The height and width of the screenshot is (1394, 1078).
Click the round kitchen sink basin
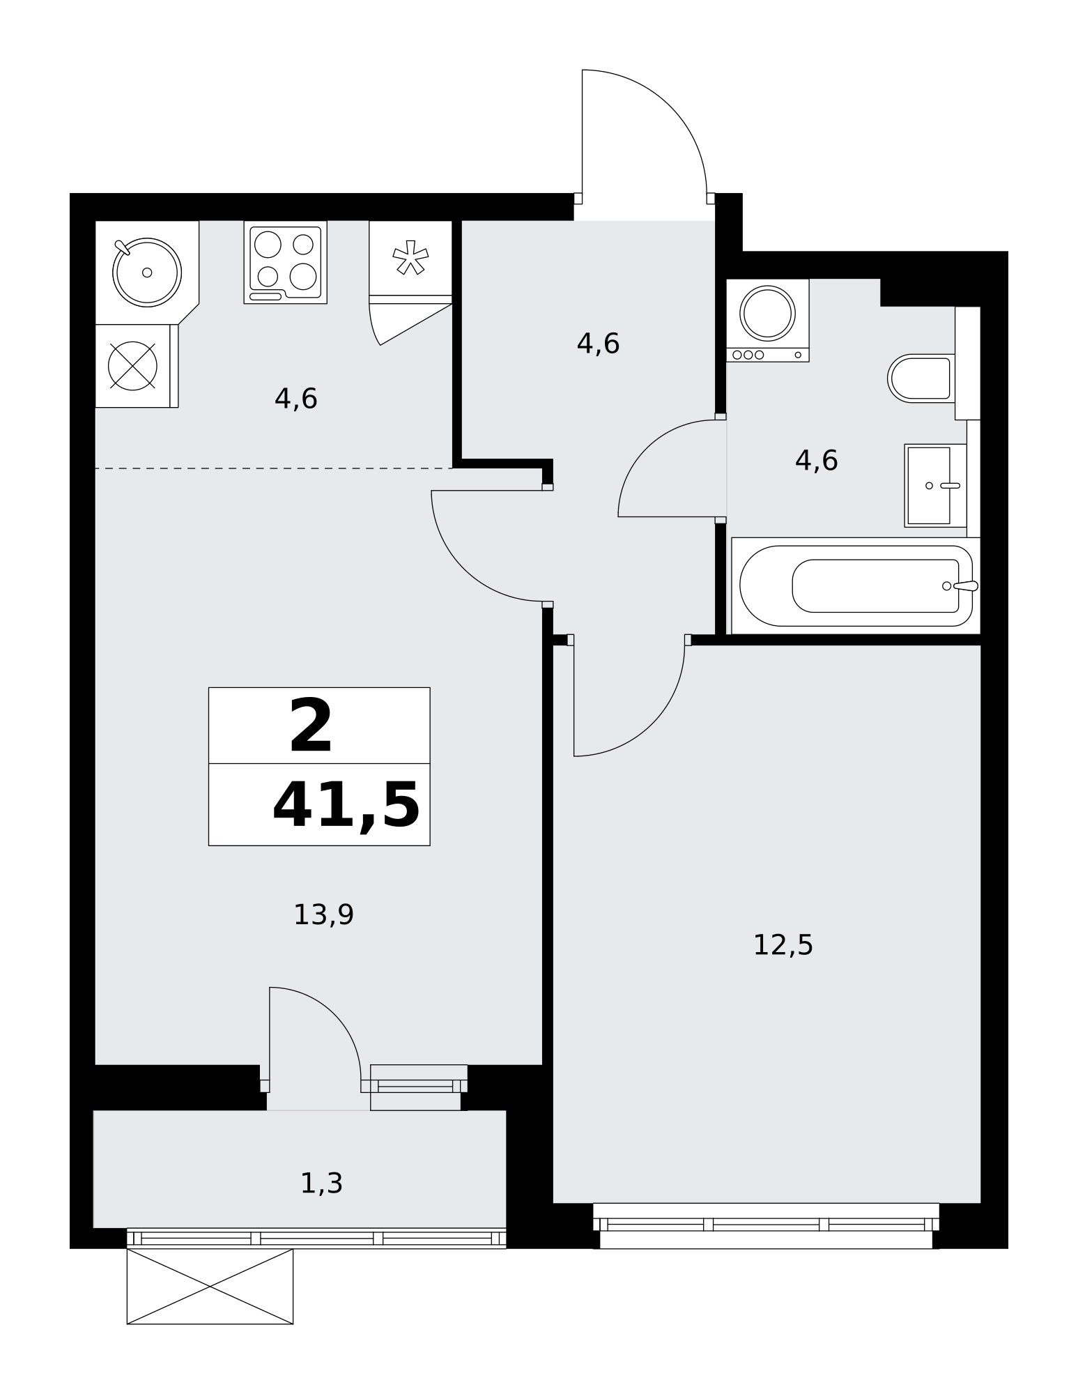pyautogui.click(x=146, y=272)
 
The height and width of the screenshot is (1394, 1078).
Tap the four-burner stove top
pyautogui.click(x=286, y=262)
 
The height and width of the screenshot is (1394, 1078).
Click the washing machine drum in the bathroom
pyautogui.click(x=767, y=313)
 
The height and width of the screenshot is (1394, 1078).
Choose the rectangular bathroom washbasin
pyautogui.click(x=935, y=485)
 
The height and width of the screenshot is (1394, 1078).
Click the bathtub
pyautogui.click(x=856, y=585)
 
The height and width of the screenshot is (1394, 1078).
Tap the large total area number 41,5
pyautogui.click(x=346, y=806)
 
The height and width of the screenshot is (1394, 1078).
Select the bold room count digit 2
pyautogui.click(x=311, y=726)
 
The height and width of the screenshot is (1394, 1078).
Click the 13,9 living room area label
pyautogui.click(x=323, y=914)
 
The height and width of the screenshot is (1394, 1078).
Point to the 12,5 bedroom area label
pyautogui.click(x=783, y=945)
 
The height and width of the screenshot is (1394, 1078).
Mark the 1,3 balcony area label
pyautogui.click(x=321, y=1183)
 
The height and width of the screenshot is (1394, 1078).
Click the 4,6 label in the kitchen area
pyautogui.click(x=296, y=399)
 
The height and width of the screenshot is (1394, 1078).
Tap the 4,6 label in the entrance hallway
pyautogui.click(x=598, y=344)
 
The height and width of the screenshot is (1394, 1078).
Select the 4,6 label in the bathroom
pyautogui.click(x=816, y=461)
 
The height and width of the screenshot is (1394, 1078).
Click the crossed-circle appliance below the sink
pyautogui.click(x=132, y=366)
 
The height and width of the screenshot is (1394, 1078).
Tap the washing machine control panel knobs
pyautogui.click(x=748, y=355)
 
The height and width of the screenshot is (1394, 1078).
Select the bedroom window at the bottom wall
pyautogui.click(x=766, y=1225)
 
